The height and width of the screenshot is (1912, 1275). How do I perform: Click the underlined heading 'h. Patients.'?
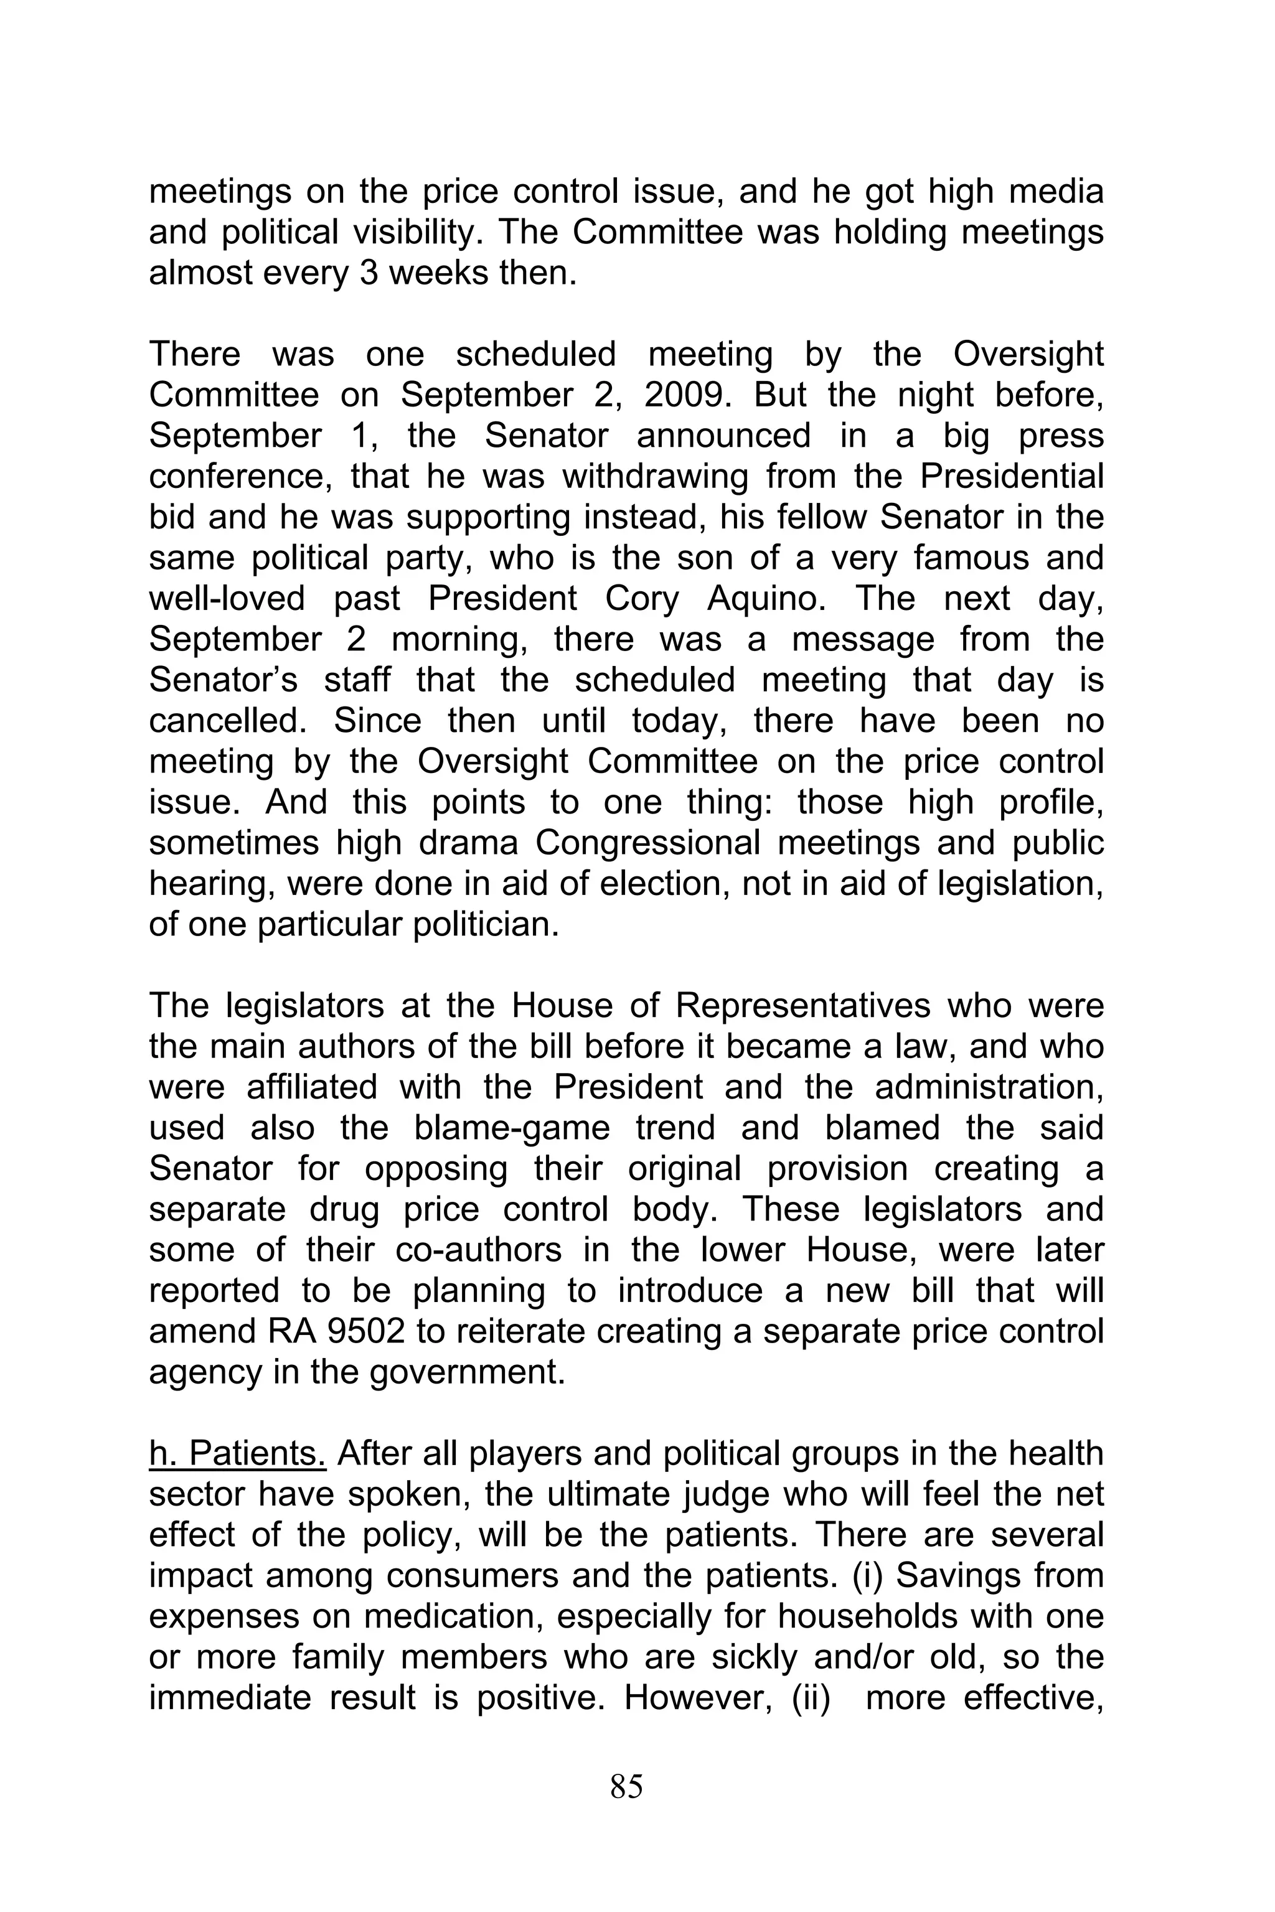point(237,1453)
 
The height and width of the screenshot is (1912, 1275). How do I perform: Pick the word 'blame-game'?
point(512,1128)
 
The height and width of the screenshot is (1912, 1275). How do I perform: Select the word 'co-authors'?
point(478,1250)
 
